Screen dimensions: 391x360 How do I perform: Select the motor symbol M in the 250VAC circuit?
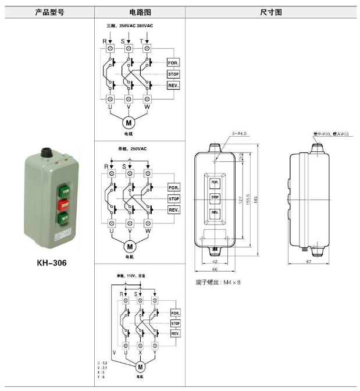coord(129,246)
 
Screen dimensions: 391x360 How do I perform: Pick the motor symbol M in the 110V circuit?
coord(140,367)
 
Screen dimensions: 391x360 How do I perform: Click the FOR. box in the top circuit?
coord(173,62)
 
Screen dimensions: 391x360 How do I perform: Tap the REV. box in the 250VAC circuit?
coord(173,209)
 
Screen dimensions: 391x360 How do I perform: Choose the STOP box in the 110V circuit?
coord(176,323)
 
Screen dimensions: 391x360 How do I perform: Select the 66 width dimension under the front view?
coord(214,271)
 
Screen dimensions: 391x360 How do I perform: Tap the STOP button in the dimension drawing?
coord(214,197)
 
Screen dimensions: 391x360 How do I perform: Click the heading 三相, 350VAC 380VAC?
coord(130,27)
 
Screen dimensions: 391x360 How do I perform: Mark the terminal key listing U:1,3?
coord(102,363)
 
